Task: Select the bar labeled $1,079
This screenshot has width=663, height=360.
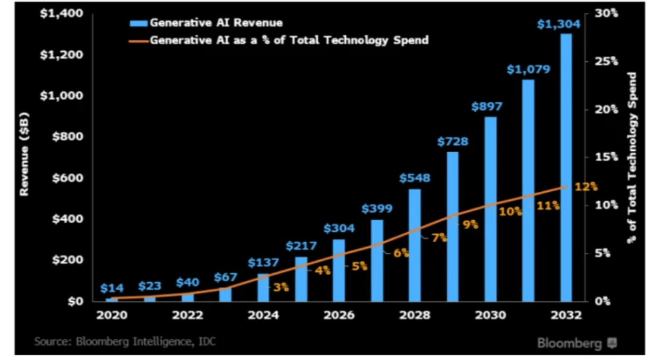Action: pyautogui.click(x=528, y=190)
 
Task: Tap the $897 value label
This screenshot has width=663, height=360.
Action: pyautogui.click(x=487, y=107)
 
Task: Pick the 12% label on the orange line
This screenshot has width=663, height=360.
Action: pyautogui.click(x=586, y=187)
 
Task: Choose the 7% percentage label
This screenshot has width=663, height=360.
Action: pyautogui.click(x=439, y=238)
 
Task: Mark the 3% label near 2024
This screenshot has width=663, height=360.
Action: pyautogui.click(x=280, y=287)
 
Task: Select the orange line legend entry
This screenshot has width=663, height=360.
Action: pyautogui.click(x=279, y=40)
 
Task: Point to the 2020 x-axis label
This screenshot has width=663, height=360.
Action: pyautogui.click(x=112, y=314)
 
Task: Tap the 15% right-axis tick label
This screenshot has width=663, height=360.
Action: pyautogui.click(x=607, y=157)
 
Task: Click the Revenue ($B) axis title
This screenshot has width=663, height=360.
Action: pyautogui.click(x=25, y=157)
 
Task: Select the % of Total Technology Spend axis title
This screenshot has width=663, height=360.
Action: pyautogui.click(x=632, y=157)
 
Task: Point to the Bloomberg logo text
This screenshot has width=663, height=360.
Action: pyautogui.click(x=569, y=343)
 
